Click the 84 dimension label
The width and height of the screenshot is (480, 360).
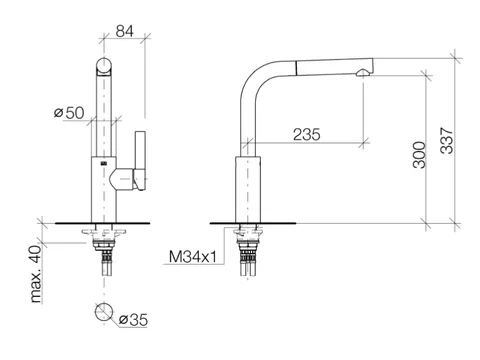click(125, 31)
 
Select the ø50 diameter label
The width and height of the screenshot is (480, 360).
click(69, 113)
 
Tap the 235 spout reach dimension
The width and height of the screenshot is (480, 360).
click(307, 134)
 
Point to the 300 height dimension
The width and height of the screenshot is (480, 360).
click(419, 155)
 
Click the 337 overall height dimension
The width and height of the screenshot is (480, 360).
click(447, 140)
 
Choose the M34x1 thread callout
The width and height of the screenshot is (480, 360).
click(193, 257)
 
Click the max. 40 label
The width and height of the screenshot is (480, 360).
click(35, 274)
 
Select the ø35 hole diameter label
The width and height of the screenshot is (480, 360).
click(133, 320)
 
